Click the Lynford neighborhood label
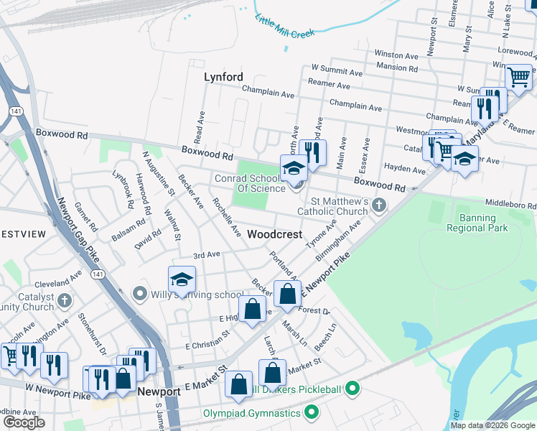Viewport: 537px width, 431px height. [223, 77]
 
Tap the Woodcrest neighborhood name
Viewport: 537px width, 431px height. [274, 234]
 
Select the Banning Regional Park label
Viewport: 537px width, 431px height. [477, 222]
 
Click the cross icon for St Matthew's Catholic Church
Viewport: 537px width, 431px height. [379, 207]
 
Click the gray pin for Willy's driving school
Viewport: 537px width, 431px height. [139, 294]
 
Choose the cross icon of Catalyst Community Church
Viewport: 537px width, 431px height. [65, 300]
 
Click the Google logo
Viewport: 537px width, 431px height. [24, 422]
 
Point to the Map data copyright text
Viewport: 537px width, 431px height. [492, 425]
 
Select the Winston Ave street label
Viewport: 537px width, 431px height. [396, 54]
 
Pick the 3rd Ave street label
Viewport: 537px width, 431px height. [206, 254]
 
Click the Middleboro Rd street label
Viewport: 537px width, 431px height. [511, 203]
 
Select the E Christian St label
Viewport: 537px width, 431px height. [207, 340]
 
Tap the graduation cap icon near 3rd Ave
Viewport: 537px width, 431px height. [182, 279]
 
